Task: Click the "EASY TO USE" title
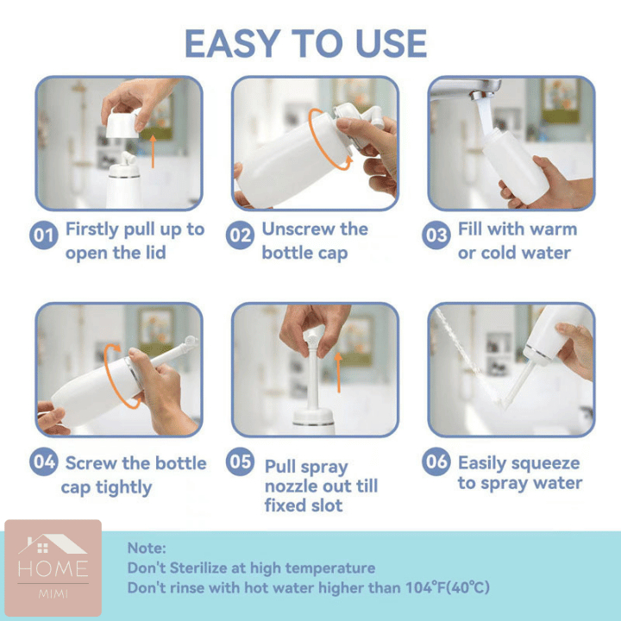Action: (305, 43)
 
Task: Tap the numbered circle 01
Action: (44, 235)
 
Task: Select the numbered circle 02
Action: (240, 235)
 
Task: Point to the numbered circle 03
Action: (436, 235)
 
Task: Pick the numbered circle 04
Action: (44, 461)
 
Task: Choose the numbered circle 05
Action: (240, 461)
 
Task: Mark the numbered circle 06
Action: (436, 461)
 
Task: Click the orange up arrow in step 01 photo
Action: (153, 152)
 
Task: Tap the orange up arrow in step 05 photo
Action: (338, 373)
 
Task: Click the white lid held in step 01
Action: (122, 123)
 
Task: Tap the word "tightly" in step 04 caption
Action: (123, 487)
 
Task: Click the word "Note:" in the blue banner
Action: (147, 549)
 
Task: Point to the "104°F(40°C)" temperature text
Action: (448, 587)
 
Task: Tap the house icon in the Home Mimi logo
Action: (52, 544)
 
